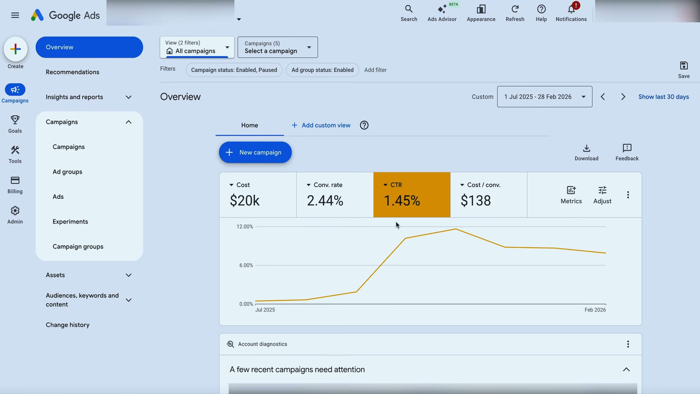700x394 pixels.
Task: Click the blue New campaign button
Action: tap(255, 152)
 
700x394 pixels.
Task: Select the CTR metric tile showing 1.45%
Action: tap(412, 195)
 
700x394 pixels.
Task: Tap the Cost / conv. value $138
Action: tap(476, 201)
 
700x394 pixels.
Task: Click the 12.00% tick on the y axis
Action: tap(245, 227)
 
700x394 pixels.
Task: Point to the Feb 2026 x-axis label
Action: tap(595, 310)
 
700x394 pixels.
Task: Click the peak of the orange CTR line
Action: tap(456, 229)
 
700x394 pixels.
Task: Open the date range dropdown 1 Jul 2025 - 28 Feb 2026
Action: tap(544, 97)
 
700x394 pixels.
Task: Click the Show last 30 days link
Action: tap(664, 97)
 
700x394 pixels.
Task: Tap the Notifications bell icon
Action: tap(571, 9)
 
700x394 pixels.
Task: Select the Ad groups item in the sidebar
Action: tap(67, 172)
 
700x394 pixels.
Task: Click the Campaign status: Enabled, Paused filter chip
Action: tap(234, 70)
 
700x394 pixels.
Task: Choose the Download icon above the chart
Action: tap(586, 148)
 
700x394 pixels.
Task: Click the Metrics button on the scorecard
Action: tap(571, 195)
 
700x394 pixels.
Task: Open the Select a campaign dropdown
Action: tap(277, 47)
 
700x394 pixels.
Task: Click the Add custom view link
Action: tap(321, 125)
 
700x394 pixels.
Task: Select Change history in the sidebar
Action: tap(67, 325)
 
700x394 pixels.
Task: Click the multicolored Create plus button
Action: tap(15, 49)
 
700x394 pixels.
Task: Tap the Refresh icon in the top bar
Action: tap(515, 9)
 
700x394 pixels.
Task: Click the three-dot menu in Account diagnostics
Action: tap(628, 344)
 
